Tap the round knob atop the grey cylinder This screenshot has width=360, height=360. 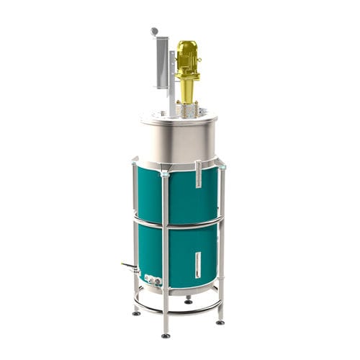[x=154, y=32]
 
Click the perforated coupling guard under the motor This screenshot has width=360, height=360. [x=187, y=109]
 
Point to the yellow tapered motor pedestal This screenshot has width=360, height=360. [x=187, y=90]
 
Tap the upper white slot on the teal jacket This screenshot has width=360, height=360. [x=198, y=174]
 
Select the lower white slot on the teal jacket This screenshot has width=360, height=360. [x=197, y=264]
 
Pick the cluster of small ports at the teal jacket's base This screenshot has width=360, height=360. [x=153, y=279]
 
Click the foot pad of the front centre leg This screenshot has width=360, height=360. [x=166, y=335]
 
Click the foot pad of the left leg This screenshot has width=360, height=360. [x=136, y=312]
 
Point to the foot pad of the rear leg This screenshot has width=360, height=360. [x=188, y=301]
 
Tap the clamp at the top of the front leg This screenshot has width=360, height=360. [x=165, y=174]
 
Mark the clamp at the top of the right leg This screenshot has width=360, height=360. [x=222, y=167]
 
